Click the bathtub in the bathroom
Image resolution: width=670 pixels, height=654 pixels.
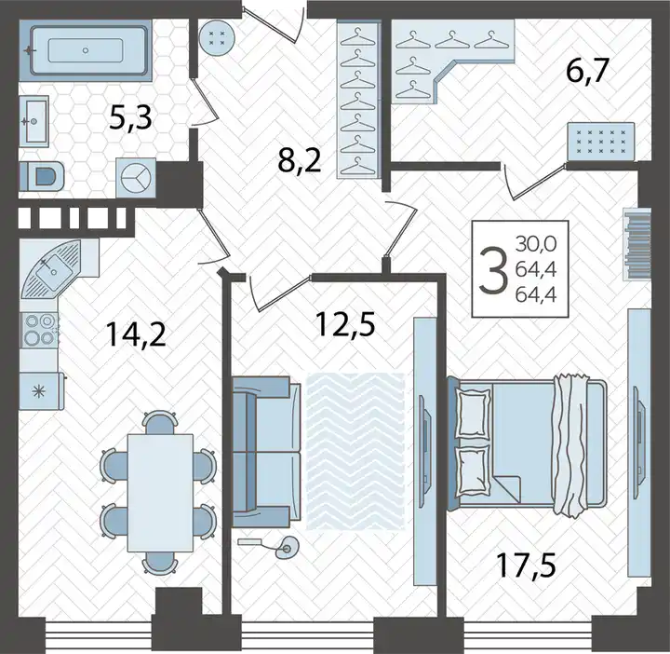(86, 50)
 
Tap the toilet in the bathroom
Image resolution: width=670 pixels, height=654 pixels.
(42, 176)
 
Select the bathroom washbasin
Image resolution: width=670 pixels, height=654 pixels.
(33, 121)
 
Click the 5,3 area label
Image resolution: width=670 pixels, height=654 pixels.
(130, 119)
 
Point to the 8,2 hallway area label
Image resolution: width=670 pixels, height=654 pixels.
(299, 161)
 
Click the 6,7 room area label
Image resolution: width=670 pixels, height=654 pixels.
(586, 72)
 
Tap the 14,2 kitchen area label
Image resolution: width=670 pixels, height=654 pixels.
(136, 334)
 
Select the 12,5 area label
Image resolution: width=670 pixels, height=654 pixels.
(345, 324)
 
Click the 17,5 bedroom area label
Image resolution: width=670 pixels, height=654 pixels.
(526, 565)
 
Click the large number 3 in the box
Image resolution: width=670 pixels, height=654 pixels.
(493, 270)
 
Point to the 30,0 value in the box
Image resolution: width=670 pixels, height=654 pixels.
(536, 244)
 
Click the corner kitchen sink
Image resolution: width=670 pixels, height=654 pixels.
(51, 268)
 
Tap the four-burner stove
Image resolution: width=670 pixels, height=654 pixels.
(40, 330)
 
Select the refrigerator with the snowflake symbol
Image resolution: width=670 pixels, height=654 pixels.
(42, 390)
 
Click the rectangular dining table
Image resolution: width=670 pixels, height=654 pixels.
(160, 493)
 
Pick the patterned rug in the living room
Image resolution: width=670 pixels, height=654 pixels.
(355, 451)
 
